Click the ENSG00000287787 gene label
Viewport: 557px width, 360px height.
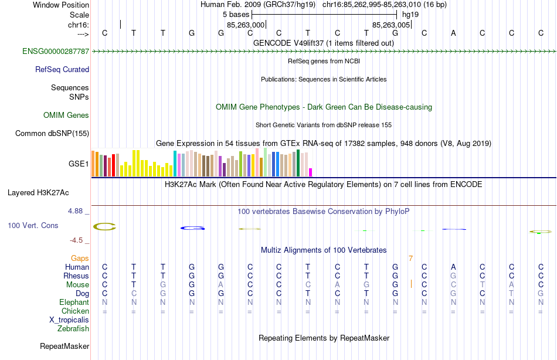pyautogui.click(x=56, y=52)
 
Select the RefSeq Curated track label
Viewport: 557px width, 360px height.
pyautogui.click(x=62, y=69)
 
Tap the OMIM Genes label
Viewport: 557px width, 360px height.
pyautogui.click(x=66, y=116)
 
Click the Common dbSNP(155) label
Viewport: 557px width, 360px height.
pyautogui.click(x=52, y=134)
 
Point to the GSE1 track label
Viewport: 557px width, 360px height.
pyautogui.click(x=79, y=164)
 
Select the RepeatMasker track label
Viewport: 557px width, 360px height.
pyautogui.click(x=64, y=347)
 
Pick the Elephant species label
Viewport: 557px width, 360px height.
pyautogui.click(x=74, y=303)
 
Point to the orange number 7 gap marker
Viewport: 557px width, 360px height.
pyautogui.click(x=411, y=259)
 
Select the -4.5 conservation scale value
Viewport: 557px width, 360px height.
pyautogui.click(x=79, y=240)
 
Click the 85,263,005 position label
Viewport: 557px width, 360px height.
pyautogui.click(x=391, y=25)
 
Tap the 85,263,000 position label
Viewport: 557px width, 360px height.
pyautogui.click(x=246, y=25)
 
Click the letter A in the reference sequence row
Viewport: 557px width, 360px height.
pyautogui.click(x=453, y=33)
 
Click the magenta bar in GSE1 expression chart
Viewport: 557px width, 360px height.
pyautogui.click(x=311, y=172)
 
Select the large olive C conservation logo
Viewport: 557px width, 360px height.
pyautogui.click(x=105, y=227)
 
